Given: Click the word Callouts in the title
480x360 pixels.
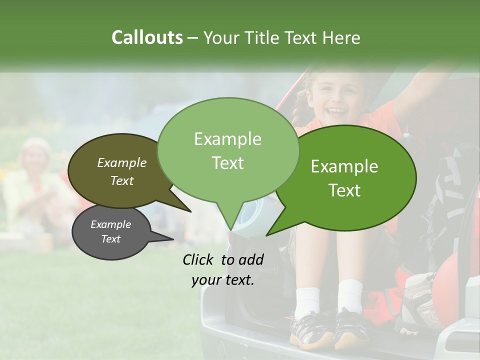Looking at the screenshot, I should [x=147, y=37].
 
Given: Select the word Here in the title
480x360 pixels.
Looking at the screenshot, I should [x=341, y=38].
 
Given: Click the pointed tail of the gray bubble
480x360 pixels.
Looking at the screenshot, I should [x=167, y=239].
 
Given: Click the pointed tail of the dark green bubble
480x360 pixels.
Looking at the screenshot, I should [x=270, y=232].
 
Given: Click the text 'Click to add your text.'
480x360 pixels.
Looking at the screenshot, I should [x=223, y=270].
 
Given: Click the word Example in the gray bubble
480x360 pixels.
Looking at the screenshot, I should [x=110, y=224].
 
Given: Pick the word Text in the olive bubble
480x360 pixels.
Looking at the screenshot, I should [x=122, y=181].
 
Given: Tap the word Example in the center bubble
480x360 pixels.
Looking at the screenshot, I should [x=227, y=139].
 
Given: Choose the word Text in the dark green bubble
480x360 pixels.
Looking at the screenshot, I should [x=345, y=190].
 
